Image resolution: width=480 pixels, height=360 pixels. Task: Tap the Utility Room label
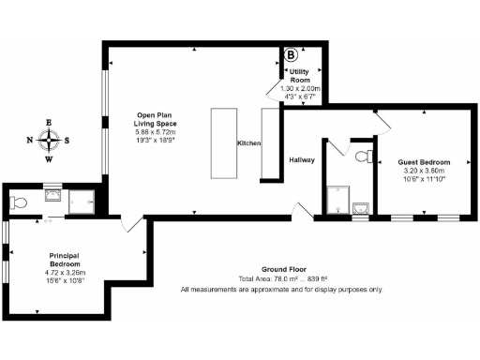pos(299,76)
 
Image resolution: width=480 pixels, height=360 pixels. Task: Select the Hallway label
pos(301,160)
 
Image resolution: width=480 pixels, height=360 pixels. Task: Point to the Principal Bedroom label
pos(65,259)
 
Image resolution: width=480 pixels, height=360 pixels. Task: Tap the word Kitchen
pos(248,142)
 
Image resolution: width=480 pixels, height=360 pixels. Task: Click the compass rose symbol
pos(50,141)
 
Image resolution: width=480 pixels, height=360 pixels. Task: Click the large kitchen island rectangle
pos(225,142)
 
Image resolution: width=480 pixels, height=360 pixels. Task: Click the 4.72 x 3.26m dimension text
pos(65,273)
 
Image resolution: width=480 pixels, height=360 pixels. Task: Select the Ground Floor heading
pos(281,269)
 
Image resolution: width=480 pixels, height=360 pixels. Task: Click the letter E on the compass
pos(50,122)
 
